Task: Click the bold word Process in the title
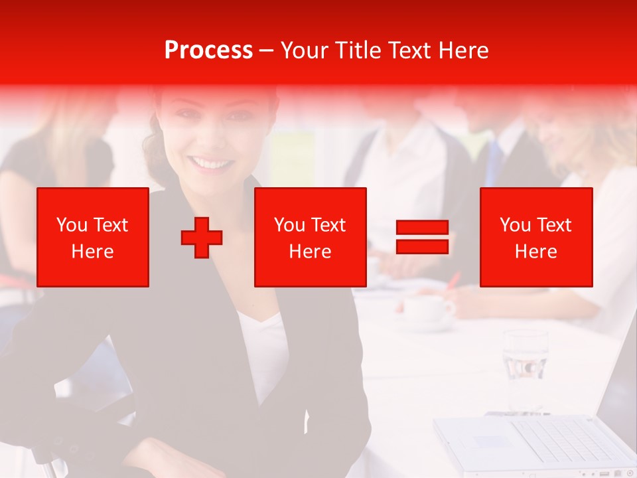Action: (x=208, y=50)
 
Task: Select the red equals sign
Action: (x=422, y=237)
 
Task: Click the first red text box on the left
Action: (x=93, y=237)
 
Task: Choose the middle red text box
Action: (x=310, y=237)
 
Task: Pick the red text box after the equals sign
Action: (x=535, y=237)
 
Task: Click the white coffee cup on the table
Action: (x=425, y=309)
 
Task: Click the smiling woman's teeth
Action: (x=211, y=163)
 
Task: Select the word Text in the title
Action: (x=410, y=50)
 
